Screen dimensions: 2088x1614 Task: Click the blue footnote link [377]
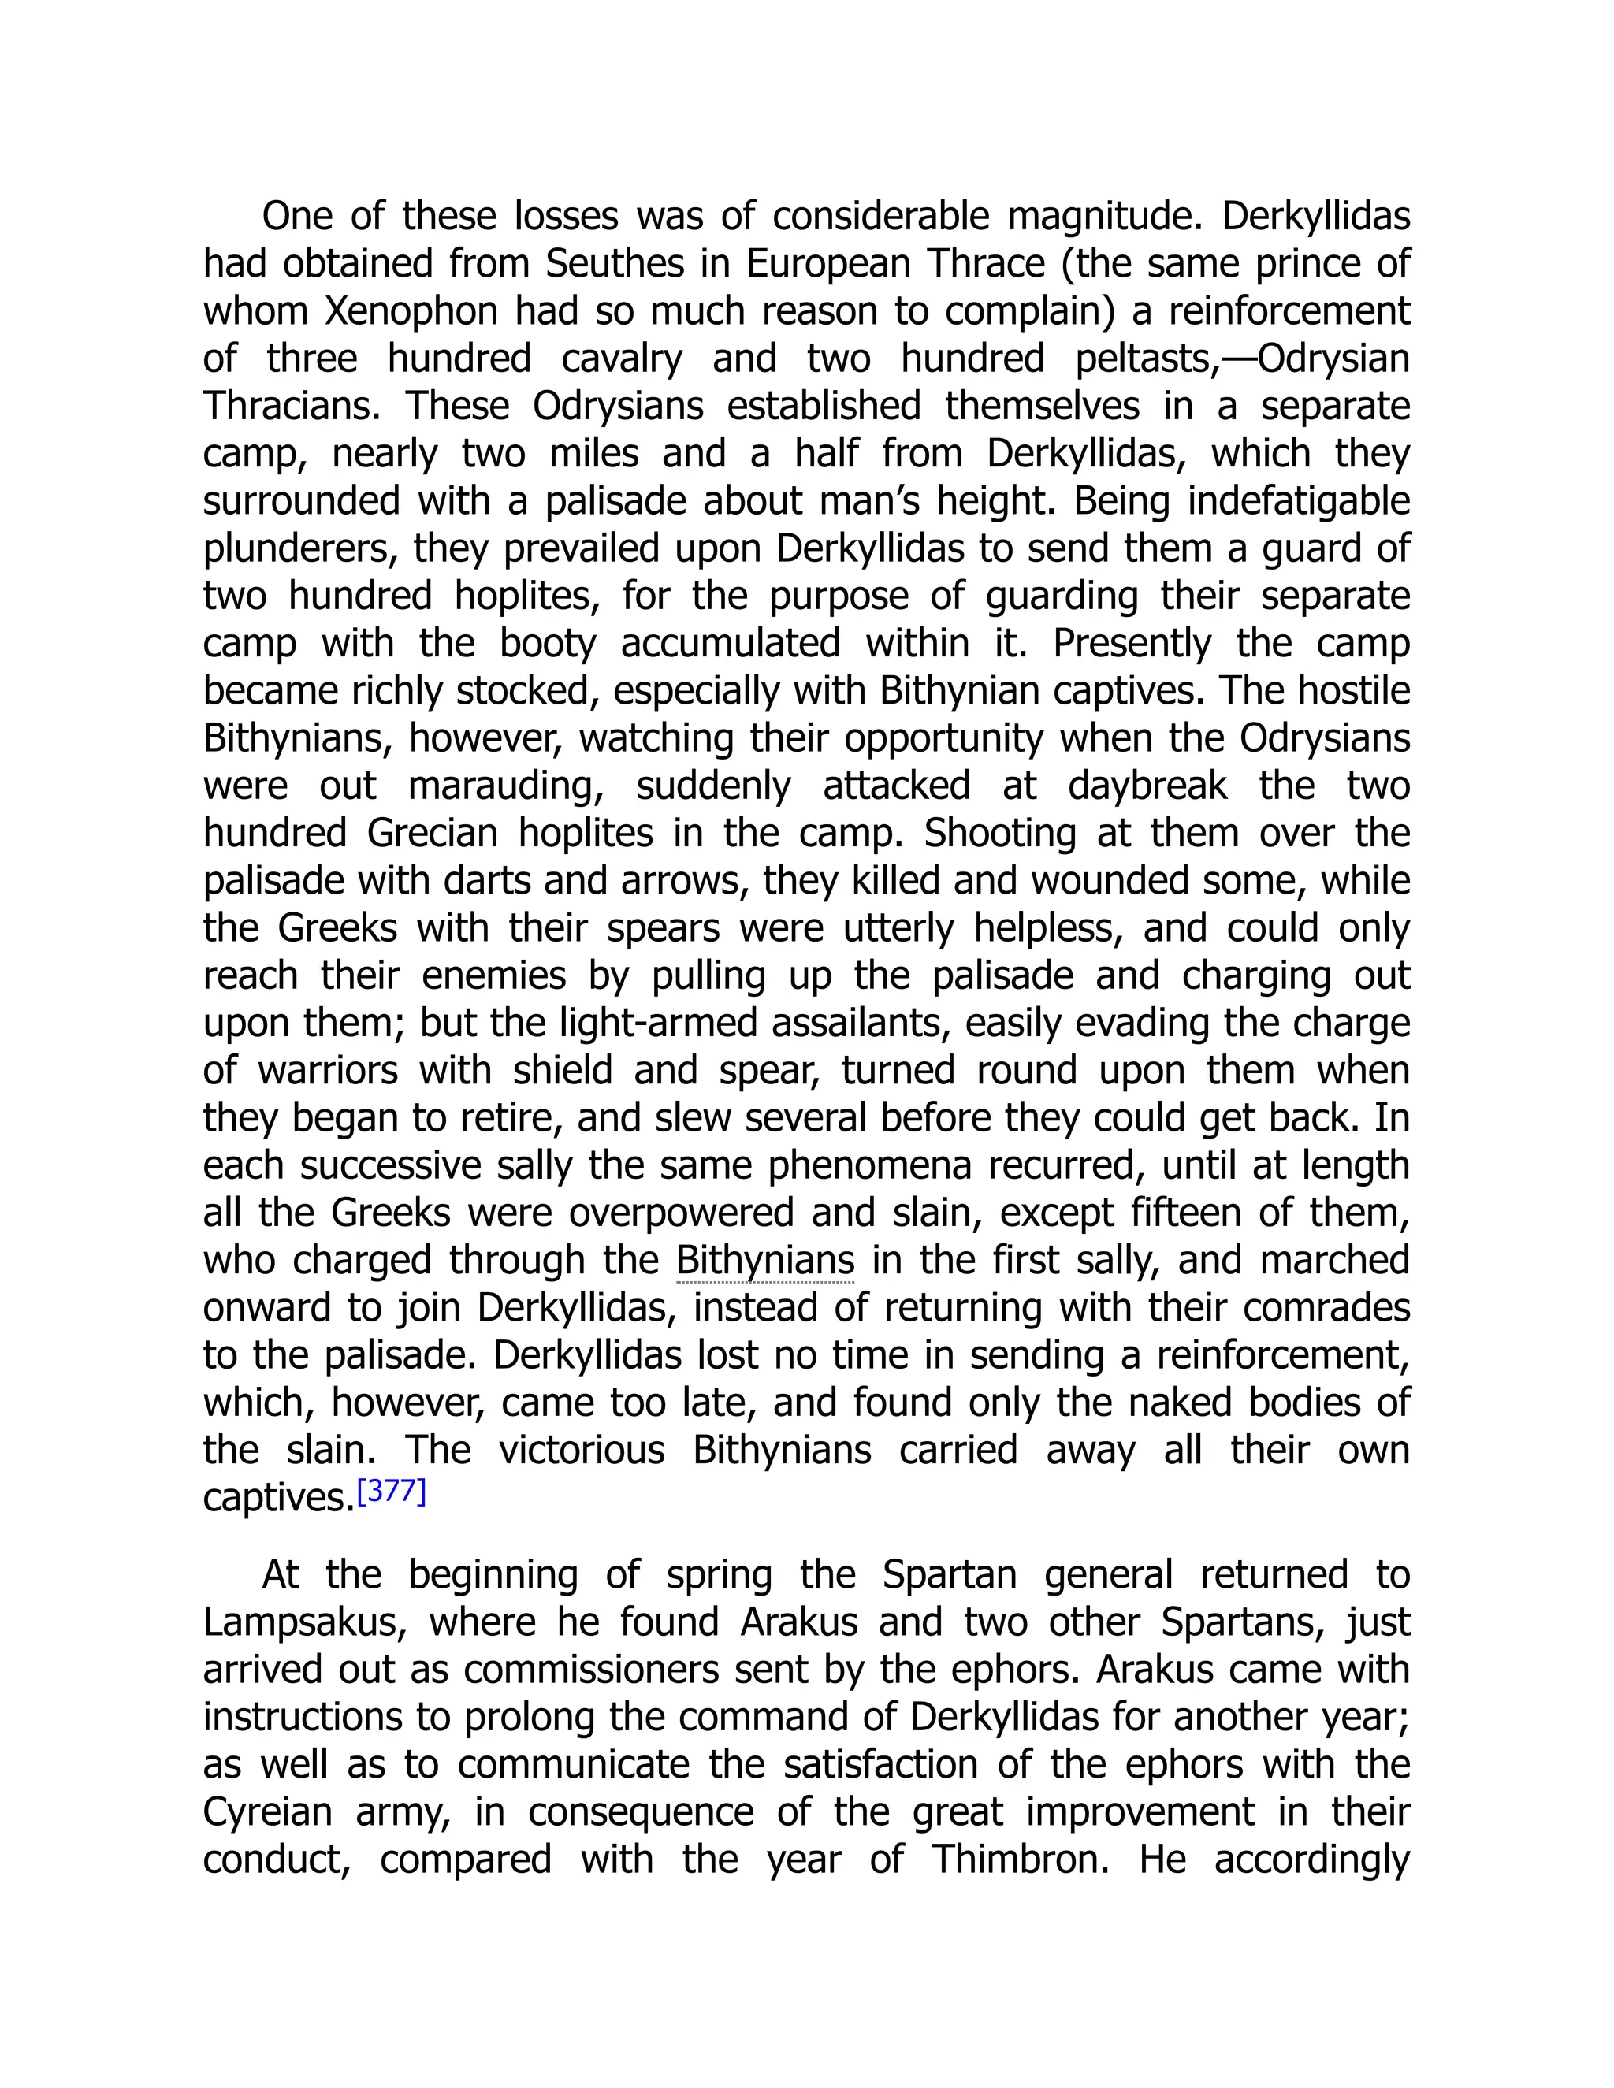pyautogui.click(x=391, y=1492)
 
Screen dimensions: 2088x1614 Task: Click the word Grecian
pyautogui.click(x=432, y=834)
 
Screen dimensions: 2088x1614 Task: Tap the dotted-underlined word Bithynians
pyautogui.click(x=765, y=1261)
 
